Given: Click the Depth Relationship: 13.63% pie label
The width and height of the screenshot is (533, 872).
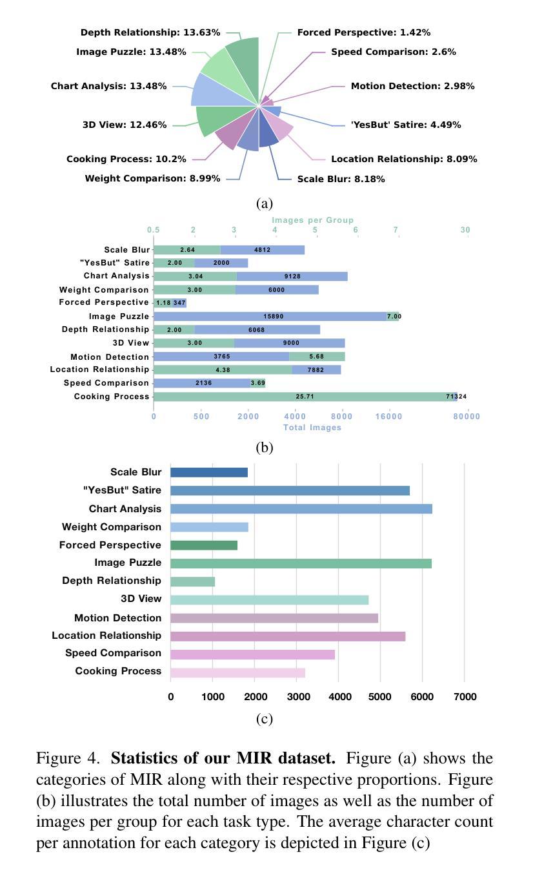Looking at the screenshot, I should click(x=150, y=32).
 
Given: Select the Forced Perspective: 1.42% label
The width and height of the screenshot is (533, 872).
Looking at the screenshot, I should click(x=363, y=32).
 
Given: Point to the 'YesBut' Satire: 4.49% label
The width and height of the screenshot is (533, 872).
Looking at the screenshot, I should click(x=406, y=125).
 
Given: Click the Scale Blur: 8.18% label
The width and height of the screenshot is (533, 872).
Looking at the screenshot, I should click(x=341, y=179).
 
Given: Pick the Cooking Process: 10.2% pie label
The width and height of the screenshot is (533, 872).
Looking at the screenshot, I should click(x=126, y=159).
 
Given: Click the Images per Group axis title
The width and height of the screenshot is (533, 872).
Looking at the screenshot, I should click(x=312, y=220).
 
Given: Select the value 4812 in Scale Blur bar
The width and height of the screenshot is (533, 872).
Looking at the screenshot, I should click(x=262, y=250).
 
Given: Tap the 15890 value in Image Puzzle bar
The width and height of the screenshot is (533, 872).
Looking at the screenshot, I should click(x=274, y=317).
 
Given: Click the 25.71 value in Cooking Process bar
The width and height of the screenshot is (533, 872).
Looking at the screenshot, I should click(x=305, y=397).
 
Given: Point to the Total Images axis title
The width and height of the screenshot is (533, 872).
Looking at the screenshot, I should click(x=312, y=427).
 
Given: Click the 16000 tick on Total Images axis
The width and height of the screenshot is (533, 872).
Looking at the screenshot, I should click(x=388, y=417).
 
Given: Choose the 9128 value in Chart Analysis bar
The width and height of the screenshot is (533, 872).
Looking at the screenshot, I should click(x=292, y=276).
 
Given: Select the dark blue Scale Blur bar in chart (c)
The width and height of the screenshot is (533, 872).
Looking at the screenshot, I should click(x=209, y=472).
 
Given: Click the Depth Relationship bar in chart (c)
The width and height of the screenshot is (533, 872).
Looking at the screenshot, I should click(x=192, y=581).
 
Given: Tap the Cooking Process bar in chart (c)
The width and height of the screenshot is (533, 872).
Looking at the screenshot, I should click(x=237, y=672).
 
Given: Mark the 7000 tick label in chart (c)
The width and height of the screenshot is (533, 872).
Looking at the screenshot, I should click(x=465, y=696).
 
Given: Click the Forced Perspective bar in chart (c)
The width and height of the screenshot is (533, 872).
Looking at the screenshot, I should click(x=204, y=545).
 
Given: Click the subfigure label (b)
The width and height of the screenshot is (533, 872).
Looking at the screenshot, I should click(x=265, y=448).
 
